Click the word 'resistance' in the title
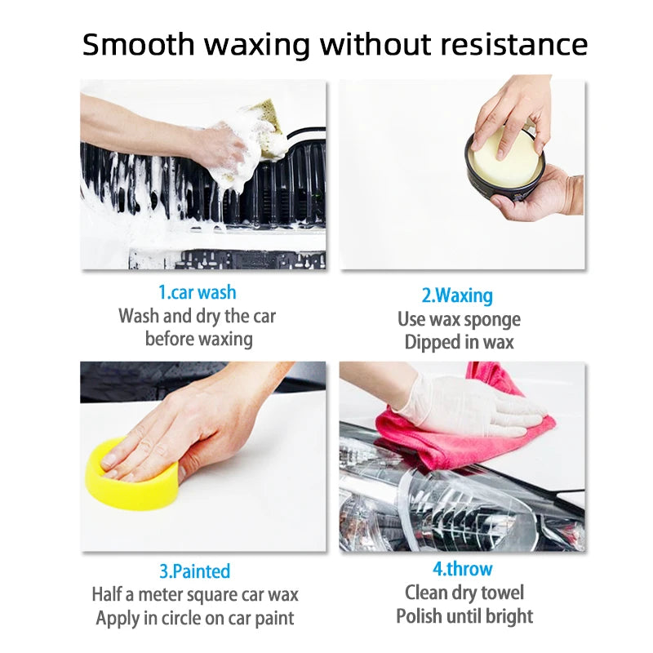[513, 45]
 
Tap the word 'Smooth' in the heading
[138, 44]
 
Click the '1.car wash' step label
[198, 292]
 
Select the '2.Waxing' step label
[457, 295]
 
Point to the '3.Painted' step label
[195, 571]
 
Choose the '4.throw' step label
[462, 569]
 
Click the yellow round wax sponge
[132, 476]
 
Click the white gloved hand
[471, 406]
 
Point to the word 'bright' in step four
[508, 617]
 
